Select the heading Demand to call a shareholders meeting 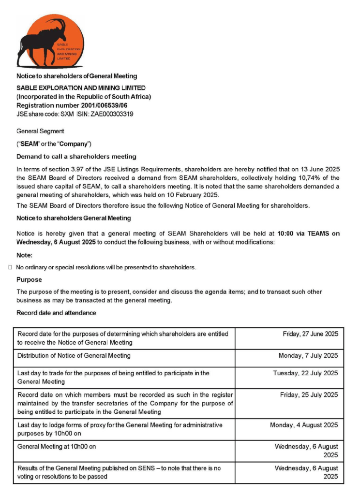coord(76,157)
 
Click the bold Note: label coord(24,256)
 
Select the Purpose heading coord(29,279)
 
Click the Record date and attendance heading coord(56,313)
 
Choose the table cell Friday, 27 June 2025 coord(310,334)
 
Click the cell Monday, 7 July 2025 coord(308,356)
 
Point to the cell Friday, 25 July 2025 coord(309,395)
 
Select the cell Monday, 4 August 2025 coord(304,425)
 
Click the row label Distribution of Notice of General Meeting coord(74,356)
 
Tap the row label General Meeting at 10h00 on coord(57,447)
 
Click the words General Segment coord(40,131)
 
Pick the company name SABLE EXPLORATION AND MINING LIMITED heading coord(81,87)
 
